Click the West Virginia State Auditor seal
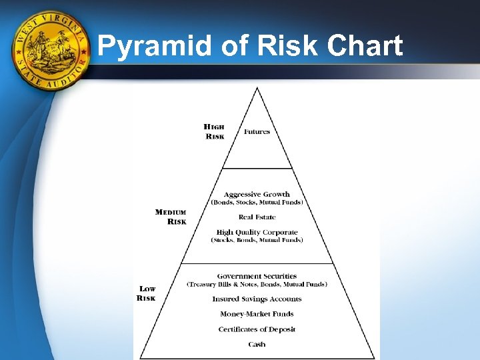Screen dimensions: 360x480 (x=51, y=51)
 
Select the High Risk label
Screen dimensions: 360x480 (x=214, y=131)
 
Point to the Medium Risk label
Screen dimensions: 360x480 (x=171, y=217)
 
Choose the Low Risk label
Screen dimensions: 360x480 (x=147, y=293)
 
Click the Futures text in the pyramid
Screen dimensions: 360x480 (x=257, y=132)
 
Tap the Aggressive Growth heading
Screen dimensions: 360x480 (x=257, y=195)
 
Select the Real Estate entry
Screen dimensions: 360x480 (x=257, y=217)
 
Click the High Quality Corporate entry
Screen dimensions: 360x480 (x=257, y=233)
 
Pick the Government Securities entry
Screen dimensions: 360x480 (x=257, y=276)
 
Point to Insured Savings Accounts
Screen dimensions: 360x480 (x=257, y=299)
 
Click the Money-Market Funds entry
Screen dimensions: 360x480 (x=257, y=314)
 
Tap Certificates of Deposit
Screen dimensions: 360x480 (x=257, y=329)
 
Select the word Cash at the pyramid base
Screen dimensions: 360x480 (x=257, y=345)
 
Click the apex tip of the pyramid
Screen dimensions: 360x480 (x=257, y=89)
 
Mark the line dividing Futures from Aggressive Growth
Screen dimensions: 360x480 (x=257, y=169)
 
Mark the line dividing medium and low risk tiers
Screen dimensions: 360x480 (x=257, y=263)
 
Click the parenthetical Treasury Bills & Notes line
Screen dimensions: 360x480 (x=257, y=285)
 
